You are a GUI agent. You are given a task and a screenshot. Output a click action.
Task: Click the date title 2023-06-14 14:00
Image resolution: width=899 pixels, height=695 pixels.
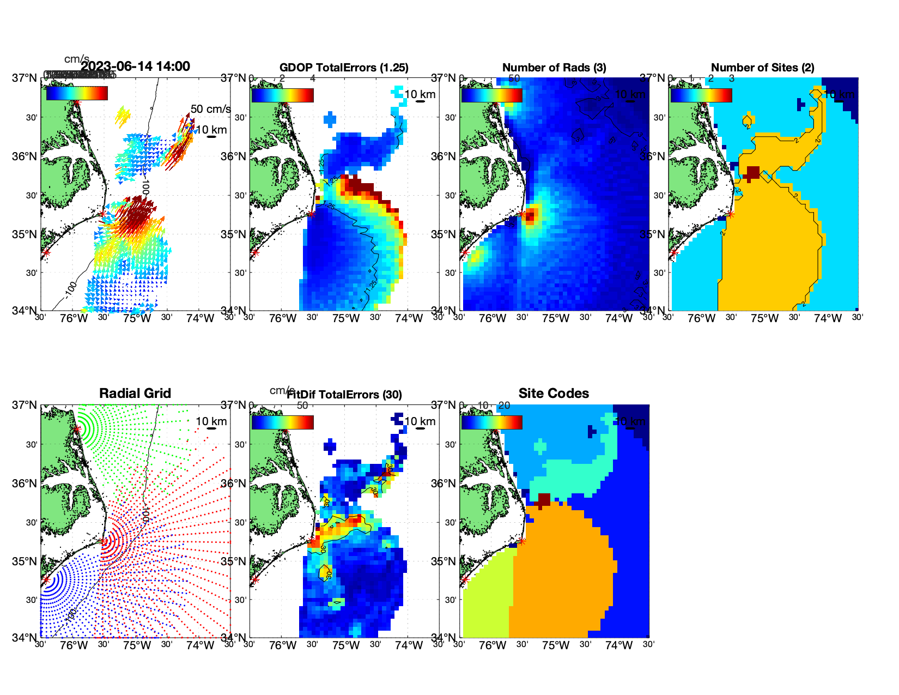[x=135, y=67]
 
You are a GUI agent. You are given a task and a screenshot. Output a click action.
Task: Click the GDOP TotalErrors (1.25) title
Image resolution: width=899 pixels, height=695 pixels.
[x=344, y=68]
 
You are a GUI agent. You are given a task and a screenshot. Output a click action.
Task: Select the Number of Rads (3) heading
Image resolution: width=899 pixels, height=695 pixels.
[x=554, y=68]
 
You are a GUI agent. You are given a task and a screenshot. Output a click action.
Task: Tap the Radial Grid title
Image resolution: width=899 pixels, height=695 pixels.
[x=135, y=394]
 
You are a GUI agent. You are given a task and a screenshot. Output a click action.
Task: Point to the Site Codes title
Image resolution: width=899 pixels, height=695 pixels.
[x=554, y=394]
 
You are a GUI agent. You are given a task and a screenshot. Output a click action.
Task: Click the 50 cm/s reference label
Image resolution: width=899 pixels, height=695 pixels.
[x=210, y=109]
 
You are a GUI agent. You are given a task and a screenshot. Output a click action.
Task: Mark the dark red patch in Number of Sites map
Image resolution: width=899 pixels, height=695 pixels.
[x=753, y=173]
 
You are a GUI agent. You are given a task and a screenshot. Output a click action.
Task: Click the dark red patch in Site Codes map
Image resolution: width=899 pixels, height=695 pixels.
[x=544, y=500]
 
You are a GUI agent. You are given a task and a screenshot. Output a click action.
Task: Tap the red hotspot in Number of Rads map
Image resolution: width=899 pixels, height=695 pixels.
[x=531, y=214]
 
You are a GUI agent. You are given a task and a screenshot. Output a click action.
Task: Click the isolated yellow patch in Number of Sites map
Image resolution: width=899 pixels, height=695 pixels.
[x=748, y=120]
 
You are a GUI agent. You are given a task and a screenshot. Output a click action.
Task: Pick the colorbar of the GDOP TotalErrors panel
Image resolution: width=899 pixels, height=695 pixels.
[x=282, y=95]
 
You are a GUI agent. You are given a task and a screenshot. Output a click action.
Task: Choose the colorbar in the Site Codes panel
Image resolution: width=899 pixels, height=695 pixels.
[x=491, y=422]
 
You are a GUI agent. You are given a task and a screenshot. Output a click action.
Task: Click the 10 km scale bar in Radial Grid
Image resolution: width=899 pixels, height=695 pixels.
[x=211, y=428]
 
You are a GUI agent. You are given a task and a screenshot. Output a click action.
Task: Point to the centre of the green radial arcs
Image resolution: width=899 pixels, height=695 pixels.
[x=77, y=429]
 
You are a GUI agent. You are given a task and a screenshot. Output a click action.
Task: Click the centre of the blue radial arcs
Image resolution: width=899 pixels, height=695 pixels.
[x=46, y=580]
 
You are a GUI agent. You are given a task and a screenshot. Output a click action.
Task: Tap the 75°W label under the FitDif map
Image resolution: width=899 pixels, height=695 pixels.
[x=346, y=645]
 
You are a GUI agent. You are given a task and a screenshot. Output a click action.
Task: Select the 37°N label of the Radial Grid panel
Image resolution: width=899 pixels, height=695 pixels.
[x=25, y=405]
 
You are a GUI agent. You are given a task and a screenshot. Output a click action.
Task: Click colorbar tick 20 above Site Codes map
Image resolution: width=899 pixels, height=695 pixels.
[x=504, y=406]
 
